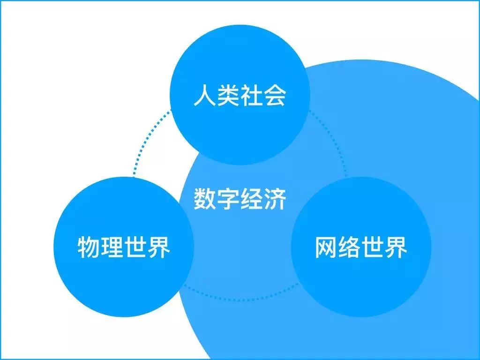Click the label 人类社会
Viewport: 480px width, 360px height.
[240, 95]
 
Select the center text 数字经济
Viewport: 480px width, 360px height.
[240, 199]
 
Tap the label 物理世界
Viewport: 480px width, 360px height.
[124, 247]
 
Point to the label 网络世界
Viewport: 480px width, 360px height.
[361, 247]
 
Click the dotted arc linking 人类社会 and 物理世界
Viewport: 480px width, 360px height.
[146, 139]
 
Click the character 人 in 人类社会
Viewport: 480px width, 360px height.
[205, 95]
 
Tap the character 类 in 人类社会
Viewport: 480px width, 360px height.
[228, 95]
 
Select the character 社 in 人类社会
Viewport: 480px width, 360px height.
[252, 95]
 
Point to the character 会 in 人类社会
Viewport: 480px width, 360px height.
[275, 95]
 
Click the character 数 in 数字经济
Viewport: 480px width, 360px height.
[205, 199]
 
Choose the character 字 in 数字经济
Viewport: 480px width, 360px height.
[228, 199]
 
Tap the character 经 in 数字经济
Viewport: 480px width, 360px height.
[252, 199]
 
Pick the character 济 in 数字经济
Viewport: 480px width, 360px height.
[275, 199]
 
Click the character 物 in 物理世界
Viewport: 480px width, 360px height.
[89, 247]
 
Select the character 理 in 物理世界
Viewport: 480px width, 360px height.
[112, 247]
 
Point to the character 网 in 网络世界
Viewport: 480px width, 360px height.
[326, 247]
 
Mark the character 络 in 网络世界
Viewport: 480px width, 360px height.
[350, 247]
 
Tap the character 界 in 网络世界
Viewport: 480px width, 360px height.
[396, 247]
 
